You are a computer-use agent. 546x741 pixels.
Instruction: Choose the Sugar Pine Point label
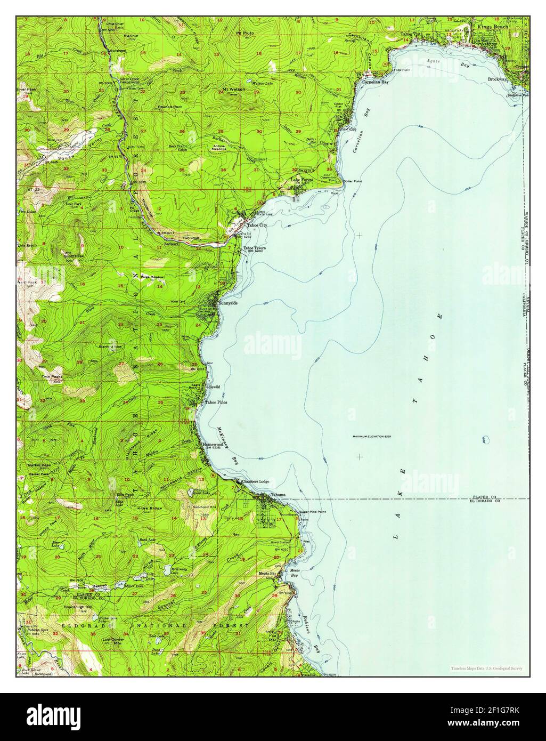313,511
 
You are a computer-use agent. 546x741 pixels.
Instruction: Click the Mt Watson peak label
234,89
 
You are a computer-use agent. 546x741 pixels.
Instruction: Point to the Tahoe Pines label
216,402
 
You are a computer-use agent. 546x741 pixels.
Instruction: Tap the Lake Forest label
302,180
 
